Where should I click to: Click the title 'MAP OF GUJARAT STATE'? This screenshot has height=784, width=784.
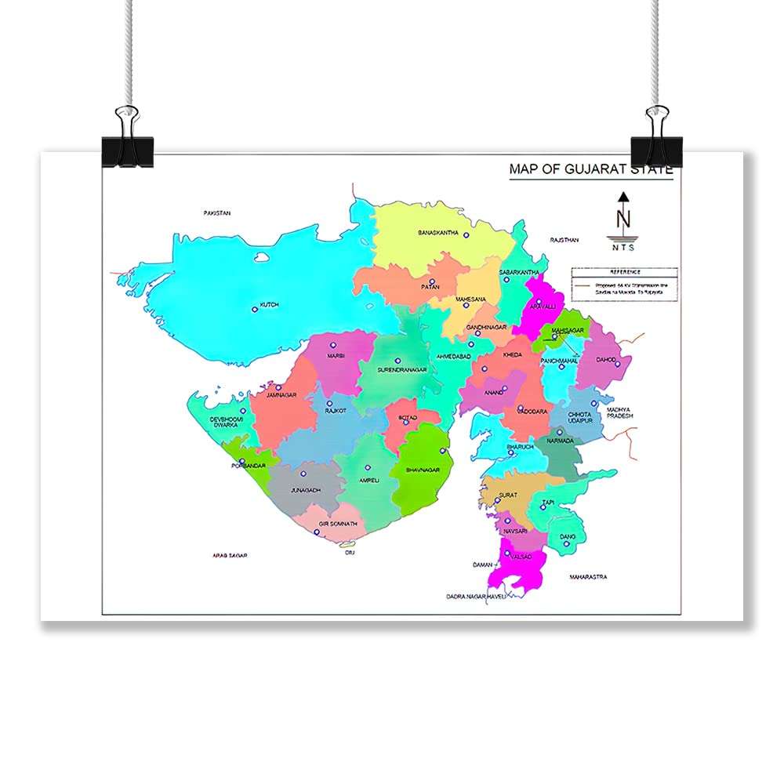click(590, 169)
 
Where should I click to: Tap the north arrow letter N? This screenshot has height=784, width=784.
click(623, 220)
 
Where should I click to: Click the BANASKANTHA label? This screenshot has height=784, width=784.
click(437, 234)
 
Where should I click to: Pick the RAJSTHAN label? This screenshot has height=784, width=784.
click(564, 240)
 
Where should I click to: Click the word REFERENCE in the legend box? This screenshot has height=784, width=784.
click(624, 272)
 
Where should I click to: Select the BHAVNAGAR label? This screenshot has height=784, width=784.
click(423, 470)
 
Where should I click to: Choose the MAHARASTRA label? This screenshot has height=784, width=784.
click(588, 577)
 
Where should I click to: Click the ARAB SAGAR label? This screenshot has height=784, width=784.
click(230, 555)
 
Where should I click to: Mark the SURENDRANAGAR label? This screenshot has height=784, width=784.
click(401, 369)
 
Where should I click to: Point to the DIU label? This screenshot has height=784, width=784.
click(350, 552)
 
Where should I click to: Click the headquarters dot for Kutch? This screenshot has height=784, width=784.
click(255, 309)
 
